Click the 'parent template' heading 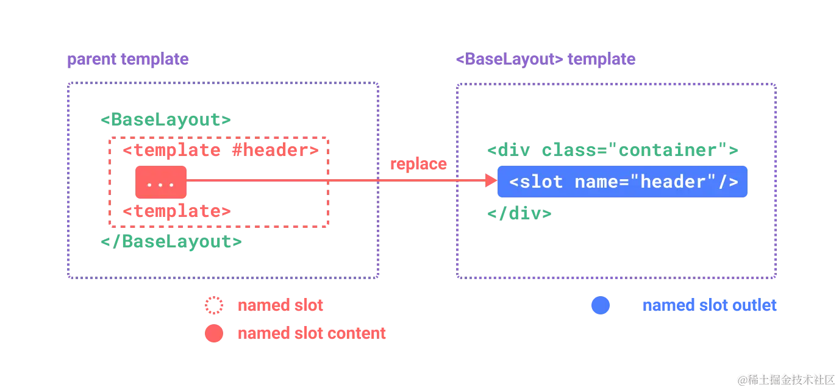[127, 60]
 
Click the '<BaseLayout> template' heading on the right [546, 60]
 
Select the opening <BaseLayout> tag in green [166, 119]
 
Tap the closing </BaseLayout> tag [172, 241]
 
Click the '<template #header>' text [220, 150]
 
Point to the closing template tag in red [177, 211]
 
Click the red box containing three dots [161, 183]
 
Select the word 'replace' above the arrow [418, 163]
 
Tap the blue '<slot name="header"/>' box [623, 182]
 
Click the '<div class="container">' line [613, 150]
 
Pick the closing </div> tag [519, 213]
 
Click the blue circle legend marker [600, 305]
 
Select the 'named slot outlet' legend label [709, 305]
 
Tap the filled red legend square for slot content [214, 333]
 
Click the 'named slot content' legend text [312, 333]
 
